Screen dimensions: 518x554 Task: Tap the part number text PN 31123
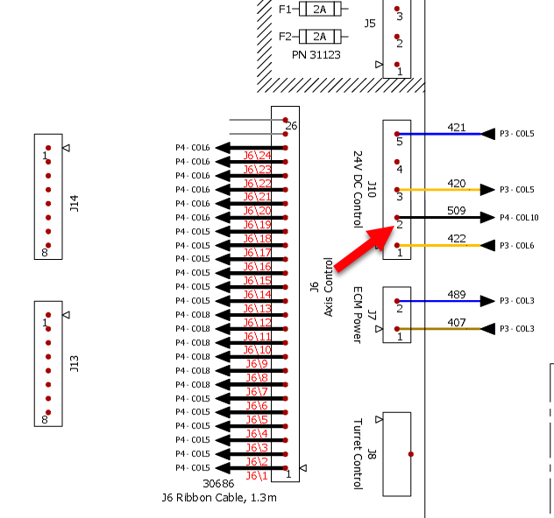point(316,54)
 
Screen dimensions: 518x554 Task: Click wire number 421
point(456,127)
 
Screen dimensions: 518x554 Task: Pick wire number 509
point(456,211)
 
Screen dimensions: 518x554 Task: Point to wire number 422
point(456,239)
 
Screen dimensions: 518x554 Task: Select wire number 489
point(456,295)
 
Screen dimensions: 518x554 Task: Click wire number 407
point(456,322)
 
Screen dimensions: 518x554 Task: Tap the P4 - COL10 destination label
point(519,218)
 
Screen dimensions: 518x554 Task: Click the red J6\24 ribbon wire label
point(258,156)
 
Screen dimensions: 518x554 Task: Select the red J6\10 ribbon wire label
point(258,351)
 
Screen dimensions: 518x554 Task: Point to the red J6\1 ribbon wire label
point(257,476)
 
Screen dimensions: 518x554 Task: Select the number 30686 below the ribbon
point(219,484)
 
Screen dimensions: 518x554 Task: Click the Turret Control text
point(358,453)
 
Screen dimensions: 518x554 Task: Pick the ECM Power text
point(358,314)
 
